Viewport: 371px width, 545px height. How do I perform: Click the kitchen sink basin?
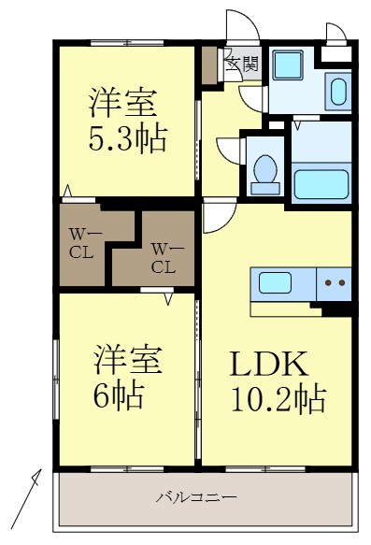tap(277, 281)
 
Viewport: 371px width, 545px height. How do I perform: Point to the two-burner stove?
tap(335, 281)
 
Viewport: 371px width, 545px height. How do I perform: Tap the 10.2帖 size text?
tap(278, 400)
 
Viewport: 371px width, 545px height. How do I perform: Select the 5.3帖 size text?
tap(127, 140)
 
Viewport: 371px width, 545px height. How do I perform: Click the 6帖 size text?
tap(119, 396)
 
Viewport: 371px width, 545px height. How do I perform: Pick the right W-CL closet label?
tap(163, 258)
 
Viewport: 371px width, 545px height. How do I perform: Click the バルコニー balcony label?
tap(195, 497)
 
